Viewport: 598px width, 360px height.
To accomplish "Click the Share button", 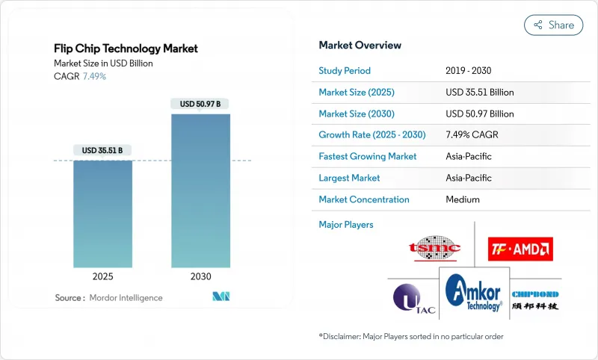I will (553, 25).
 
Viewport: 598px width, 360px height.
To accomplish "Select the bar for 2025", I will (102, 214).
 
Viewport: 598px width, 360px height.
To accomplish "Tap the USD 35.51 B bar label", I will (102, 150).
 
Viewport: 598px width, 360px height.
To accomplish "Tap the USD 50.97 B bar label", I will (200, 104).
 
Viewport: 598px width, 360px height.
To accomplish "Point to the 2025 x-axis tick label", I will (102, 276).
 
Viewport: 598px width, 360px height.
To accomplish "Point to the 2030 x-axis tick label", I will (200, 276).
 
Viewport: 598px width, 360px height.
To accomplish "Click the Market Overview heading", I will (360, 46).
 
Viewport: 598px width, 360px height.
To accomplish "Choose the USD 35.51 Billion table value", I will (479, 93).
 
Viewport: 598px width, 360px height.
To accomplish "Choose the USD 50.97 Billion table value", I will (479, 114).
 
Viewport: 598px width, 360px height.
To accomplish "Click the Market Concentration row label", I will (364, 199).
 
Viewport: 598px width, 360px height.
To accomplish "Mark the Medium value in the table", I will (463, 199).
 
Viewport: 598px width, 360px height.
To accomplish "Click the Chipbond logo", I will (535, 300).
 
